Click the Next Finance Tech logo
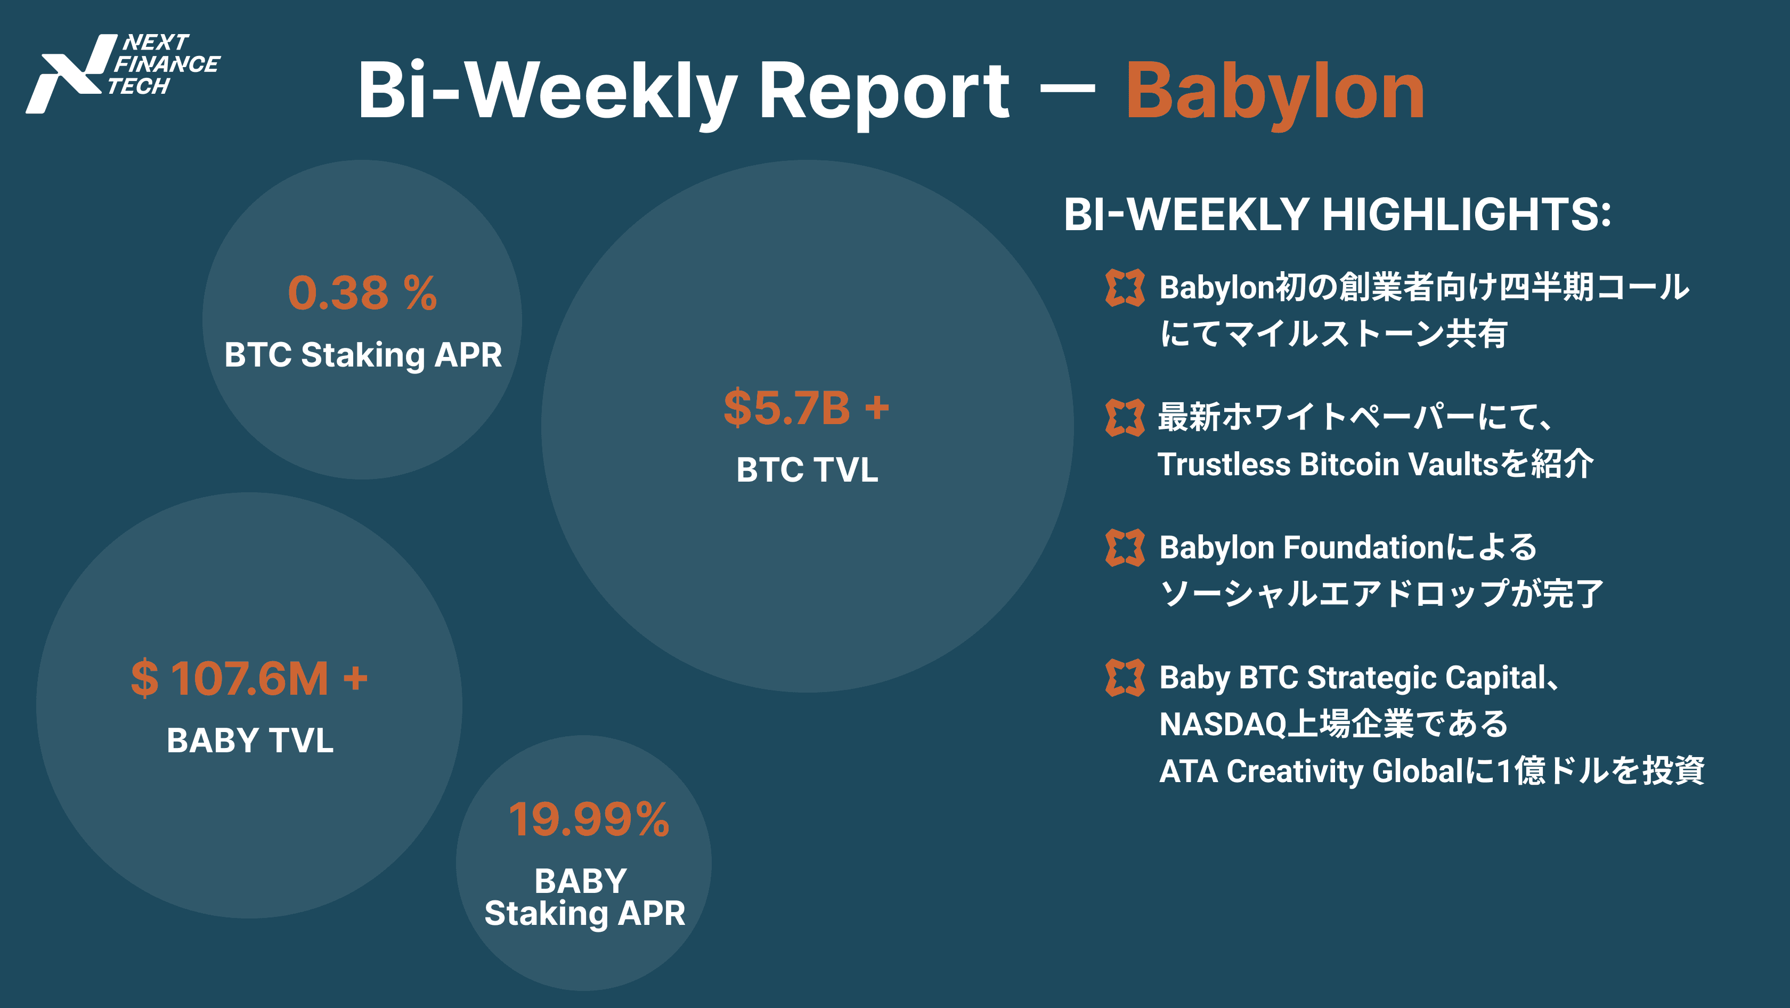point(123,73)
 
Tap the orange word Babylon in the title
point(1275,92)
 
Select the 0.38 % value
point(362,292)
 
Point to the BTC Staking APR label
point(363,355)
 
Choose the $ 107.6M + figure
point(249,678)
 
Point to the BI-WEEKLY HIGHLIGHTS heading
point(1337,214)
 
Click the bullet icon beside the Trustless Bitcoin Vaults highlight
point(1124,418)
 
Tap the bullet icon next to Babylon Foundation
point(1124,547)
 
